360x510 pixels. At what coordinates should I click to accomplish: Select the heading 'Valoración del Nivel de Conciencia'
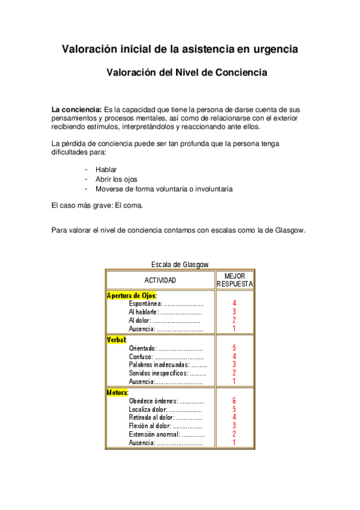[186, 73]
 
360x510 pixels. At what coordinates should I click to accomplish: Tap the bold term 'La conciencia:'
[76, 110]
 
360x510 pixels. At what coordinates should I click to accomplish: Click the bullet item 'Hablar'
[106, 170]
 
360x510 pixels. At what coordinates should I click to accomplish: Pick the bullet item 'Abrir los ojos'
[117, 179]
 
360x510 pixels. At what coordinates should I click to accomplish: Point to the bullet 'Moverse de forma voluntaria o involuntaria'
[164, 189]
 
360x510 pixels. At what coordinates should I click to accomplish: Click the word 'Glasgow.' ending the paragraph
[289, 230]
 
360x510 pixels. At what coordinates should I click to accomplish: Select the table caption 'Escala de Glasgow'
[180, 264]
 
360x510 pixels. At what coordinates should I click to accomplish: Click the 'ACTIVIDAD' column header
[160, 280]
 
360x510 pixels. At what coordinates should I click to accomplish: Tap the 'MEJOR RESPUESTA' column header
[234, 280]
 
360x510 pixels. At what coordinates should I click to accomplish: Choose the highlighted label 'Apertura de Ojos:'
[131, 295]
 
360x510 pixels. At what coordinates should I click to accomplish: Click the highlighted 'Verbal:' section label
[117, 339]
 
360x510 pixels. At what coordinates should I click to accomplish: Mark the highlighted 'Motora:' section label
[118, 392]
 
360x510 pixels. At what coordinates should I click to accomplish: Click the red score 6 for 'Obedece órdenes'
[234, 401]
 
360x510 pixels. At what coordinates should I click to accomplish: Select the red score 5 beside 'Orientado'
[234, 348]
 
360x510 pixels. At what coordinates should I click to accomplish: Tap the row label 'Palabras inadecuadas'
[159, 364]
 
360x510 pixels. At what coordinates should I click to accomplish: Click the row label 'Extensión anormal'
[154, 434]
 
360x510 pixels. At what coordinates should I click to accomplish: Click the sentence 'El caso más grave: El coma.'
[97, 206]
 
